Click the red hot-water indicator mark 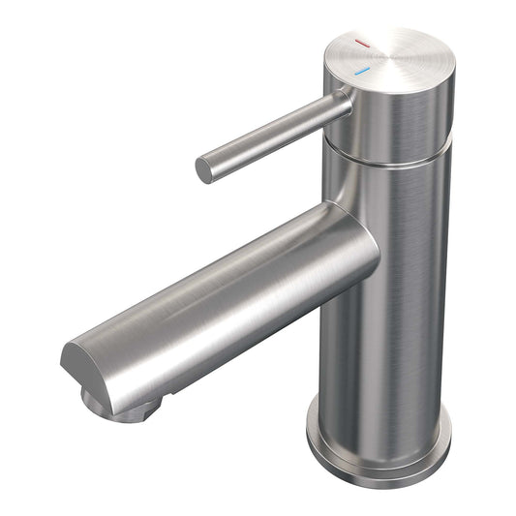[362, 44]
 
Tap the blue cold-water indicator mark [362, 72]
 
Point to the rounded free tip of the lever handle [203, 169]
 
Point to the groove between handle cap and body [387, 159]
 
